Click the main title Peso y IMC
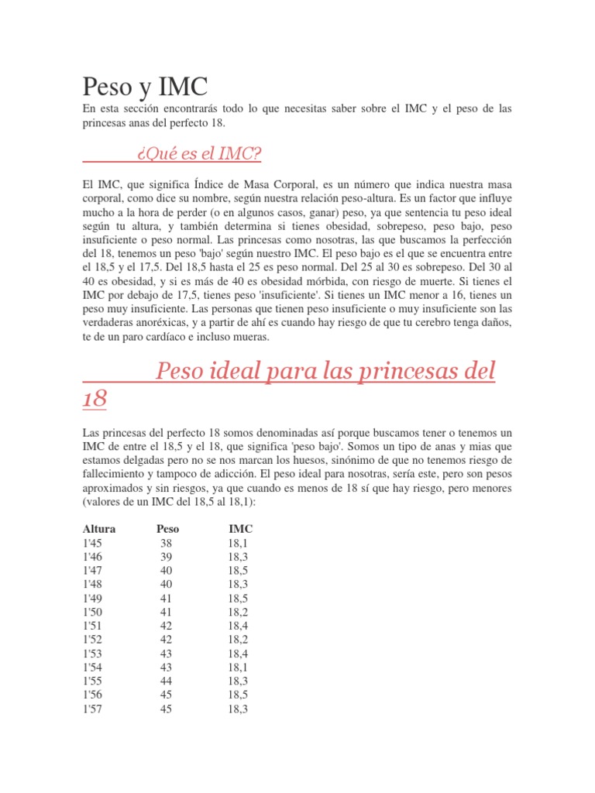(146, 84)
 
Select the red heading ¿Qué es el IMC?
(198, 155)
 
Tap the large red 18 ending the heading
(95, 400)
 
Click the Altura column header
(99, 529)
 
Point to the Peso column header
(167, 529)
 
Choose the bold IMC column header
(240, 529)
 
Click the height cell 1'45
(94, 543)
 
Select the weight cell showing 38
(167, 543)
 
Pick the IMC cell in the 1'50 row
(239, 612)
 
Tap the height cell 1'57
(94, 708)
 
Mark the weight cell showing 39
(167, 557)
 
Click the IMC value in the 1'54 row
(239, 667)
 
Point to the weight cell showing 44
(167, 681)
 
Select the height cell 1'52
(94, 640)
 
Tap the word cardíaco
(156, 338)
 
